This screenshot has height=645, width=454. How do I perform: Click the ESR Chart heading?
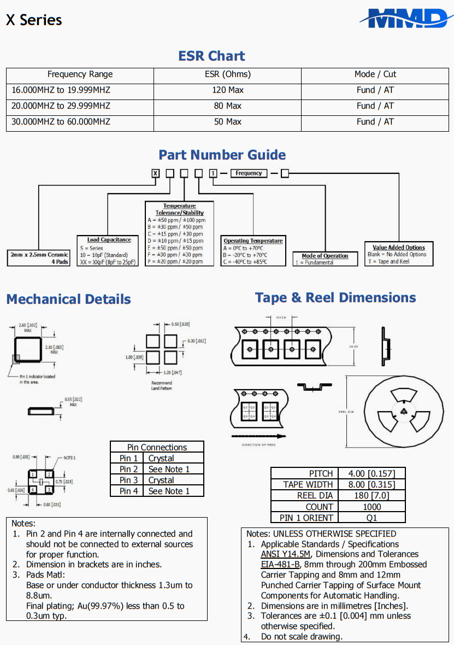pyautogui.click(x=211, y=56)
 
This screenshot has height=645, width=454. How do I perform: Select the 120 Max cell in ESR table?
pyautogui.click(x=227, y=90)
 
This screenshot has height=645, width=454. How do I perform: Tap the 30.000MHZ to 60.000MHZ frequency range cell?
pyautogui.click(x=61, y=122)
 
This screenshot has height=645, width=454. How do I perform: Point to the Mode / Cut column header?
pyautogui.click(x=375, y=74)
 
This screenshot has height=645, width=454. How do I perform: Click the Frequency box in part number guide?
pyautogui.click(x=249, y=173)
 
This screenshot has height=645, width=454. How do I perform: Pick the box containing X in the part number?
pyautogui.click(x=156, y=173)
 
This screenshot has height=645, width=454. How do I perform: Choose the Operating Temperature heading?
pyautogui.click(x=253, y=241)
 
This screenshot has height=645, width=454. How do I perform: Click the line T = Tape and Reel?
pyautogui.click(x=388, y=261)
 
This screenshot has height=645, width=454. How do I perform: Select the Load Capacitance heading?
pyautogui.click(x=109, y=239)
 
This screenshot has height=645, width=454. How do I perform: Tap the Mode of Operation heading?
pyautogui.click(x=325, y=256)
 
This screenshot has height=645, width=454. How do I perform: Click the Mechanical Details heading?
pyautogui.click(x=68, y=300)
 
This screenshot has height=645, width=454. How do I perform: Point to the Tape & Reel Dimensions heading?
pyautogui.click(x=335, y=298)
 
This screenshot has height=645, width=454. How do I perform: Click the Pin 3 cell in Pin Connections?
pyautogui.click(x=128, y=480)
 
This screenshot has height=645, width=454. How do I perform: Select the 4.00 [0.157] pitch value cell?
pyautogui.click(x=371, y=473)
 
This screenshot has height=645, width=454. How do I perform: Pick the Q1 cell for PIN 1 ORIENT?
pyautogui.click(x=371, y=517)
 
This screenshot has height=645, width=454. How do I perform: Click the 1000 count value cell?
pyautogui.click(x=371, y=506)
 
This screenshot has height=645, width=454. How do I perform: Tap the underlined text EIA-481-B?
pyautogui.click(x=280, y=565)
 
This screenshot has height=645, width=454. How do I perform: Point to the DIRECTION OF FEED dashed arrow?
pyautogui.click(x=260, y=436)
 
